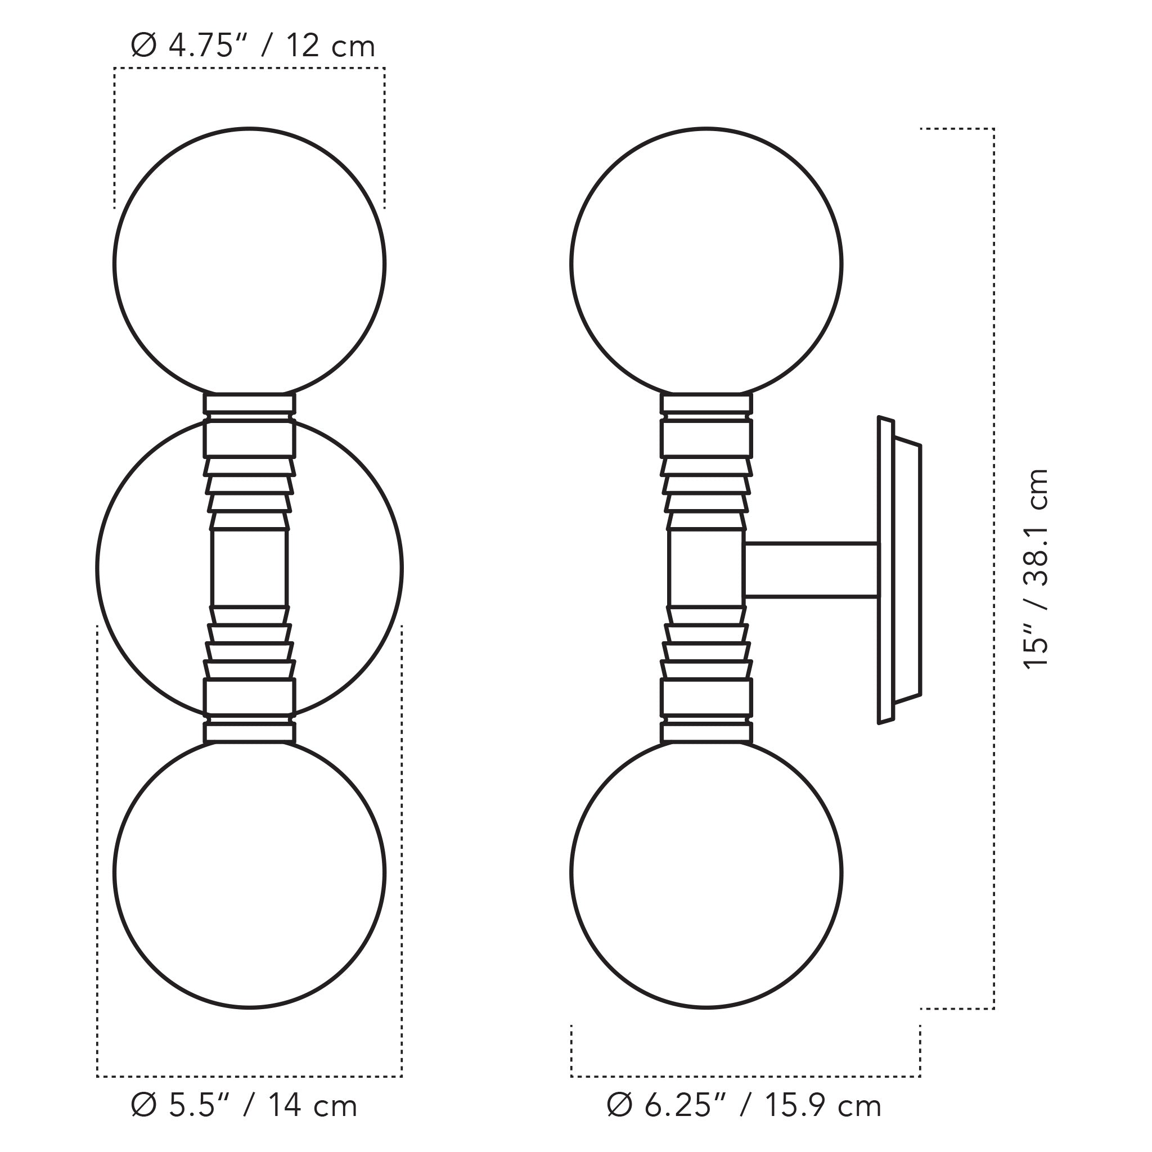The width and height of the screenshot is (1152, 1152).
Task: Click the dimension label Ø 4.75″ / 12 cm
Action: pos(253,47)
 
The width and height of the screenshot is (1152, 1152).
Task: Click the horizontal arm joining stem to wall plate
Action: pos(811,569)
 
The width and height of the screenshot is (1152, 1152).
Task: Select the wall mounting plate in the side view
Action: pos(899,570)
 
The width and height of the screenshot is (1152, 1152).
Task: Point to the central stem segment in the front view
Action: pos(249,566)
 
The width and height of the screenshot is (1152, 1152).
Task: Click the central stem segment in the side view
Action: pos(706,566)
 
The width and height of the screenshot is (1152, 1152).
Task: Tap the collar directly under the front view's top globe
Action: pos(249,404)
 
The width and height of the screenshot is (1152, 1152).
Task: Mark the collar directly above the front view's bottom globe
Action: pos(249,732)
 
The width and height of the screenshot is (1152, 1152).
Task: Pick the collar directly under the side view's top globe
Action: pos(706,404)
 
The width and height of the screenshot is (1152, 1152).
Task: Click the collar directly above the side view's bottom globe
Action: pos(706,732)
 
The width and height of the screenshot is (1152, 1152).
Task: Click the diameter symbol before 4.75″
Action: pos(143,47)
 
